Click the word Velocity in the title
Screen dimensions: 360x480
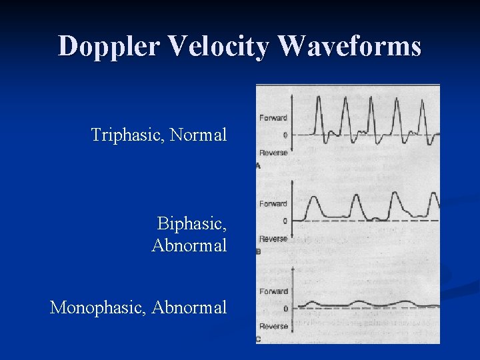coord(219,46)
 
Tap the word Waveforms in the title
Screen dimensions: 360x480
coord(349,46)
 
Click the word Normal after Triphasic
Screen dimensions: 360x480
coord(198,135)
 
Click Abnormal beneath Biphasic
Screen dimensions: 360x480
coord(189,245)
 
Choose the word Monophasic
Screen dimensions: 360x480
coord(98,307)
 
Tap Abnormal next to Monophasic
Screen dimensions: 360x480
coord(189,307)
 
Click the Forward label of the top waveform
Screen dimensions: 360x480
coord(273,118)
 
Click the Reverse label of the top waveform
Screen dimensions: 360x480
coord(273,153)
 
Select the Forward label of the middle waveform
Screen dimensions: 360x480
coord(273,204)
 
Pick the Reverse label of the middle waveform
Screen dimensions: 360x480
coord(273,239)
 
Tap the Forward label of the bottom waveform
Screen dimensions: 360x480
coord(273,291)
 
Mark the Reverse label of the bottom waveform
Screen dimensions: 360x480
coord(273,326)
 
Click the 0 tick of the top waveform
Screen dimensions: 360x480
coord(285,135)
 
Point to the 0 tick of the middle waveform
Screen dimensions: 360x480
coord(285,221)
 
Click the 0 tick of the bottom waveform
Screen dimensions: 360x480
coord(285,309)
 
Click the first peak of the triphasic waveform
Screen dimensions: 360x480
coord(319,98)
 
